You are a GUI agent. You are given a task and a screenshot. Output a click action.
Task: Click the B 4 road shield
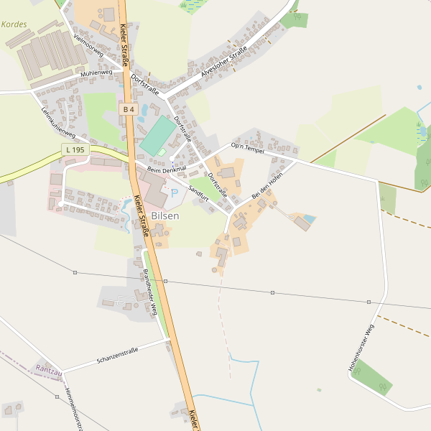(x=129, y=109)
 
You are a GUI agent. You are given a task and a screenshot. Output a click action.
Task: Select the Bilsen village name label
(x=164, y=215)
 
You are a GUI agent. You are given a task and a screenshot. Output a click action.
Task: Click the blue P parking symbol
(x=174, y=194)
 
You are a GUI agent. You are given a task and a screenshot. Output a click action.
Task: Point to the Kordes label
(x=14, y=24)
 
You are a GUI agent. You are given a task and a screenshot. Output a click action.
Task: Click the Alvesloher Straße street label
(x=224, y=60)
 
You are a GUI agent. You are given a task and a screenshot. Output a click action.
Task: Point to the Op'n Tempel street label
(x=247, y=147)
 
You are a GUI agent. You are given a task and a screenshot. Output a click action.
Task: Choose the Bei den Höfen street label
(x=267, y=184)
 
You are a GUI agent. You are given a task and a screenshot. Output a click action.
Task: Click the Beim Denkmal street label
(x=166, y=169)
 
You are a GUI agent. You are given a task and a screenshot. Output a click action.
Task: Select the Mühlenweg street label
(x=96, y=73)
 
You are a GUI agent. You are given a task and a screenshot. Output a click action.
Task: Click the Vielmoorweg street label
(x=88, y=45)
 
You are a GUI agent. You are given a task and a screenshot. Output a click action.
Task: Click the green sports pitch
(x=157, y=134)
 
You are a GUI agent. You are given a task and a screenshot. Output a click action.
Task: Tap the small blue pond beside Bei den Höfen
(x=309, y=218)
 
